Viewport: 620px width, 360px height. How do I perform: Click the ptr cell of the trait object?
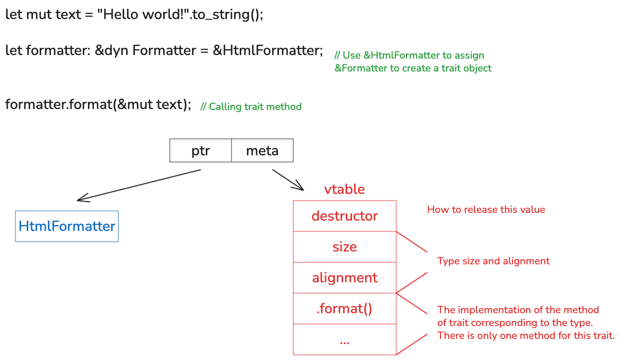pyautogui.click(x=201, y=151)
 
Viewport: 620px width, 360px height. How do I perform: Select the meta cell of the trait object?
pyautogui.click(x=262, y=151)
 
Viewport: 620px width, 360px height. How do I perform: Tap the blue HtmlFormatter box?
pyautogui.click(x=67, y=226)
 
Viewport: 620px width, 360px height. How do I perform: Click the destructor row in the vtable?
pyautogui.click(x=345, y=216)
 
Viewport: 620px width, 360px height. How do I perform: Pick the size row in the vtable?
pyautogui.click(x=345, y=247)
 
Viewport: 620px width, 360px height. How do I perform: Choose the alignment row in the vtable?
pyautogui.click(x=345, y=278)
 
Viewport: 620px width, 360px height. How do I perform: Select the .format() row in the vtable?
pyautogui.click(x=345, y=309)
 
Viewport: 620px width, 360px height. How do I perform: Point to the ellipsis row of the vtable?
pyautogui.click(x=345, y=340)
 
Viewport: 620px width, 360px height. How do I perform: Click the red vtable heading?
pyautogui.click(x=344, y=189)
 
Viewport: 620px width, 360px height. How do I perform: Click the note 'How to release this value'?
pyautogui.click(x=486, y=209)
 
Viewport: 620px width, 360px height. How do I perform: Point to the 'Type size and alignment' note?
pyautogui.click(x=493, y=261)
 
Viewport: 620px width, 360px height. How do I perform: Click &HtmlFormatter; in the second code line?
pyautogui.click(x=268, y=50)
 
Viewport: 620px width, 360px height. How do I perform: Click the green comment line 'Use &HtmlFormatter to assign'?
pyautogui.click(x=410, y=56)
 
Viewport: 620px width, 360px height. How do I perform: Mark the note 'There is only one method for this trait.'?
pyautogui.click(x=526, y=336)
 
